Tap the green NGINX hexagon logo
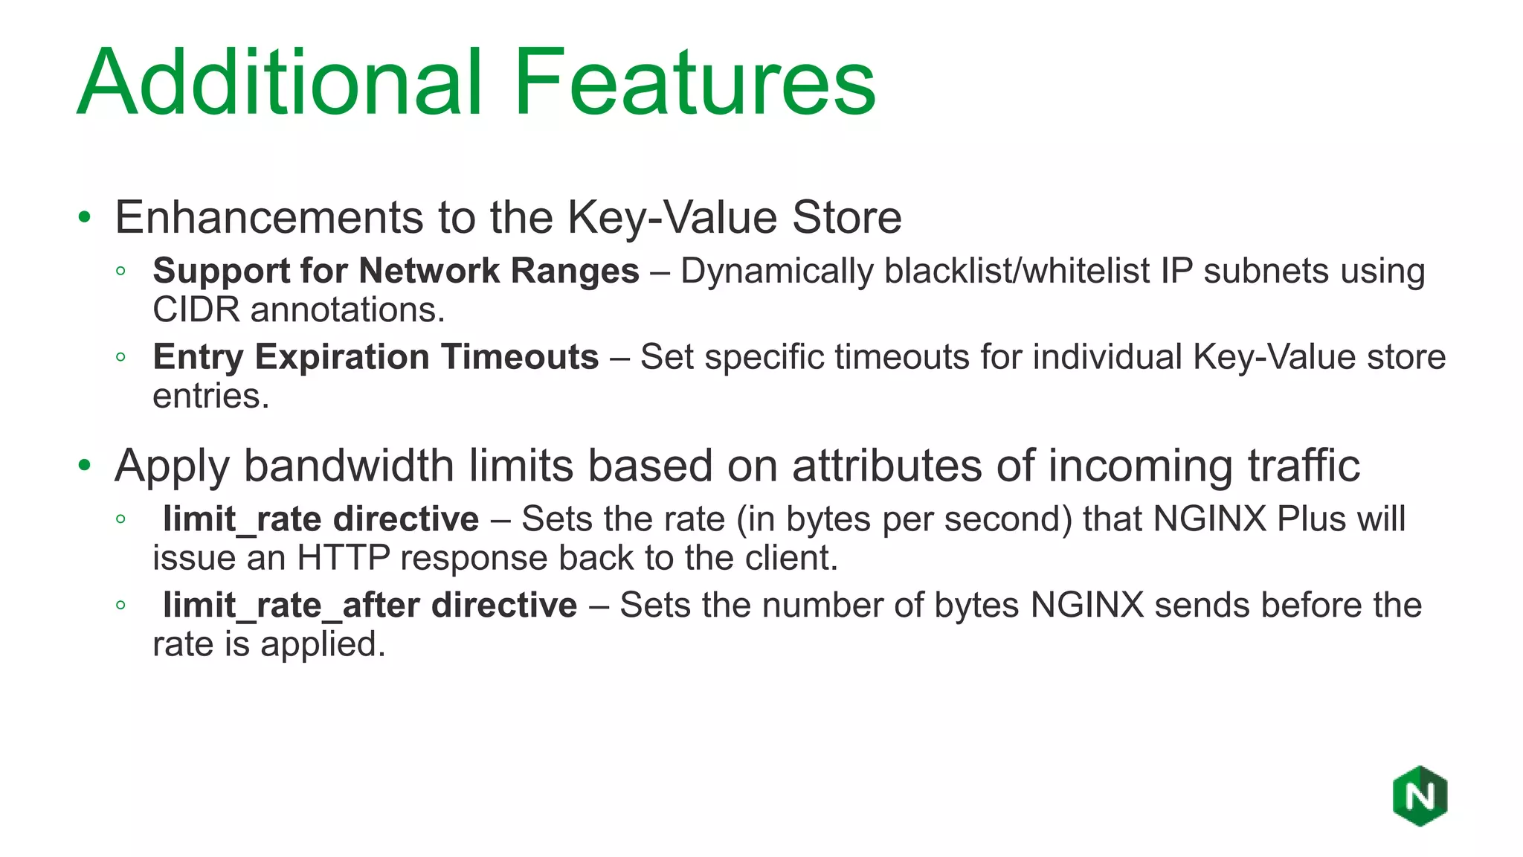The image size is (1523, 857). (1420, 796)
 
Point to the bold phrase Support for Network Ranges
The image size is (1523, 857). (396, 271)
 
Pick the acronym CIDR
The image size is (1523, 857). (196, 309)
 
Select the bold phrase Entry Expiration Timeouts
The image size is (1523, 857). (376, 357)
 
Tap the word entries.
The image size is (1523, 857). (210, 396)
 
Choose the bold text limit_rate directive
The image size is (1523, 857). (321, 519)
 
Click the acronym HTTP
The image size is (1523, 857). (343, 558)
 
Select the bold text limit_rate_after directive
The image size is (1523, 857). (370, 606)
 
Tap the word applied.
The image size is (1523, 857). (323, 644)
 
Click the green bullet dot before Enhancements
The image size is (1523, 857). (85, 218)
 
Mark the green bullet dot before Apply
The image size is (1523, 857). (85, 466)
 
